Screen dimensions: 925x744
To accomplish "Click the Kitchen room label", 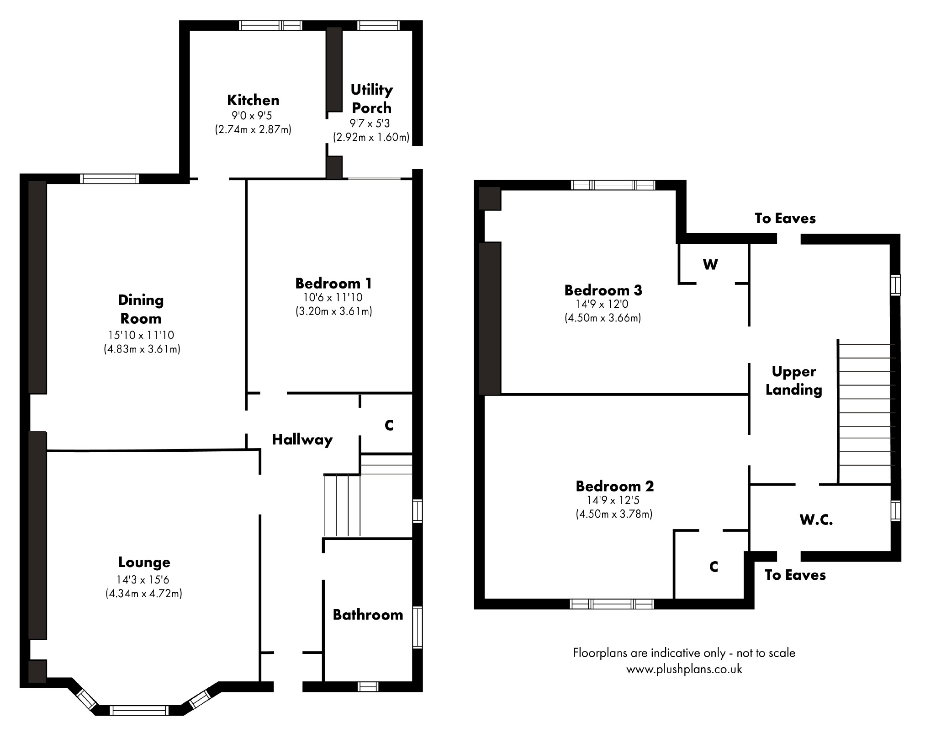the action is [x=253, y=100].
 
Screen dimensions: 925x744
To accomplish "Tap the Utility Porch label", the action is [x=371, y=99].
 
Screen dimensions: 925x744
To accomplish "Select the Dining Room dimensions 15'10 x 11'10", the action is [x=142, y=335].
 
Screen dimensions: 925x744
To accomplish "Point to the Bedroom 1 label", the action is [x=333, y=284].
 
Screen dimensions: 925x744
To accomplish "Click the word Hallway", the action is [x=302, y=440].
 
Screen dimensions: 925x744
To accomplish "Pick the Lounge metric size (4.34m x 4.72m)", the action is [x=144, y=594].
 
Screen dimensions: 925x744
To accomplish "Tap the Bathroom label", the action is [x=368, y=615].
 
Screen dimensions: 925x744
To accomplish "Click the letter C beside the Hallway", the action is [x=389, y=426].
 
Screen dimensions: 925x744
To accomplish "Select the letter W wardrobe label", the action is [x=710, y=264].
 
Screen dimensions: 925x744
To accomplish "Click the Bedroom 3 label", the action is [x=603, y=290].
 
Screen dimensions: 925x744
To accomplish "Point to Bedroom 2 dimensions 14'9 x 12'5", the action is [x=614, y=501].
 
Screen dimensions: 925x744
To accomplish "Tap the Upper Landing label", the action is [x=794, y=380].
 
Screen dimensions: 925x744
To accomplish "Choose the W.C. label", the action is [x=816, y=520].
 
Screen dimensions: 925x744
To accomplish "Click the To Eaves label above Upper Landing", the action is [x=785, y=219].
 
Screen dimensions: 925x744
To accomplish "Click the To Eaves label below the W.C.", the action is [x=795, y=575].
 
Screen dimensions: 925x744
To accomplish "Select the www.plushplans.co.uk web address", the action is [x=684, y=669].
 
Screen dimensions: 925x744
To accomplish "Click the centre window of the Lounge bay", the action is [x=139, y=710].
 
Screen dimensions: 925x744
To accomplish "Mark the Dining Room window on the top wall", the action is [x=109, y=179].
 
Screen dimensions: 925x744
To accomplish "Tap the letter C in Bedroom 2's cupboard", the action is [x=714, y=567].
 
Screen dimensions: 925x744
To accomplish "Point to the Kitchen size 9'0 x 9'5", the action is [x=252, y=116].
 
